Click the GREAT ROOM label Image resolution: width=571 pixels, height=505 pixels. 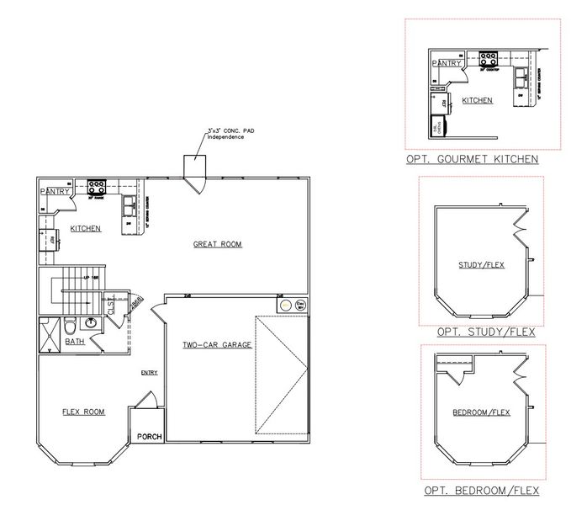coord(218,244)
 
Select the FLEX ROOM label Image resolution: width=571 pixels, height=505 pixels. coord(83,412)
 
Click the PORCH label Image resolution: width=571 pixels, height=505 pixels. coord(149,436)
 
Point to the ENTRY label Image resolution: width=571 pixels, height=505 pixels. coord(150,373)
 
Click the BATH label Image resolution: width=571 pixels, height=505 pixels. coord(76,342)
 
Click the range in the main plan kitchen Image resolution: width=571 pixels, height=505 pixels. coord(96,187)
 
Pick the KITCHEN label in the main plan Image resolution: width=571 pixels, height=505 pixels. coord(85,228)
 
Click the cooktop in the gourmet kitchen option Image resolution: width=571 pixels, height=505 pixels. coord(487,60)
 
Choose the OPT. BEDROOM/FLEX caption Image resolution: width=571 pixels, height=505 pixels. coord(482,490)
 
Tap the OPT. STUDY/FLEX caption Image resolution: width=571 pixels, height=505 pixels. coord(475,332)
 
